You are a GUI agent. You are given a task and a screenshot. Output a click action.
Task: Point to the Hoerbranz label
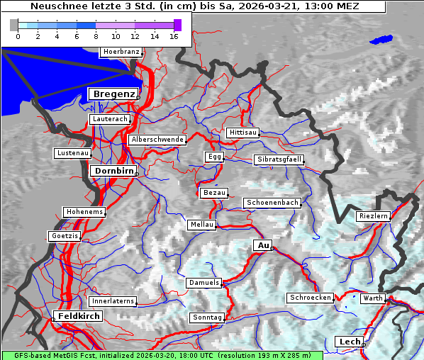pos(121,52)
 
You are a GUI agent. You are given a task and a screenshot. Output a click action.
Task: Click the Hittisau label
pos(243,133)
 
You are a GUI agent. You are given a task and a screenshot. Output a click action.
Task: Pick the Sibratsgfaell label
pos(279,159)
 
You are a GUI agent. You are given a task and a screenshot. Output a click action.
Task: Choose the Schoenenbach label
pos(272,203)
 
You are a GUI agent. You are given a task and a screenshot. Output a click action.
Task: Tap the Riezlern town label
pos(373,215)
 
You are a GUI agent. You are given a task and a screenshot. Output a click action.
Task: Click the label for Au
pos(262,245)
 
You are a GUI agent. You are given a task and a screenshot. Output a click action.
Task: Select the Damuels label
pos(204,283)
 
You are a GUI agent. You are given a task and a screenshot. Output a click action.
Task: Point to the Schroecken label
pos(310,298)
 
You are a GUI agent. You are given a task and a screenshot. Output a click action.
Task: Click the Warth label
pos(372,298)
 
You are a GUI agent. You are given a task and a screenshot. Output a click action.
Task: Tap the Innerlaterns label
pos(113,301)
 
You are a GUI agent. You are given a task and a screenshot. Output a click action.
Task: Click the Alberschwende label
pos(157,140)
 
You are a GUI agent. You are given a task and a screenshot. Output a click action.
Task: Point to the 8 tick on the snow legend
pos(96,36)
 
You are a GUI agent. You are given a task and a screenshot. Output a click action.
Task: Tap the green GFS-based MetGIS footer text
pos(162,355)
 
